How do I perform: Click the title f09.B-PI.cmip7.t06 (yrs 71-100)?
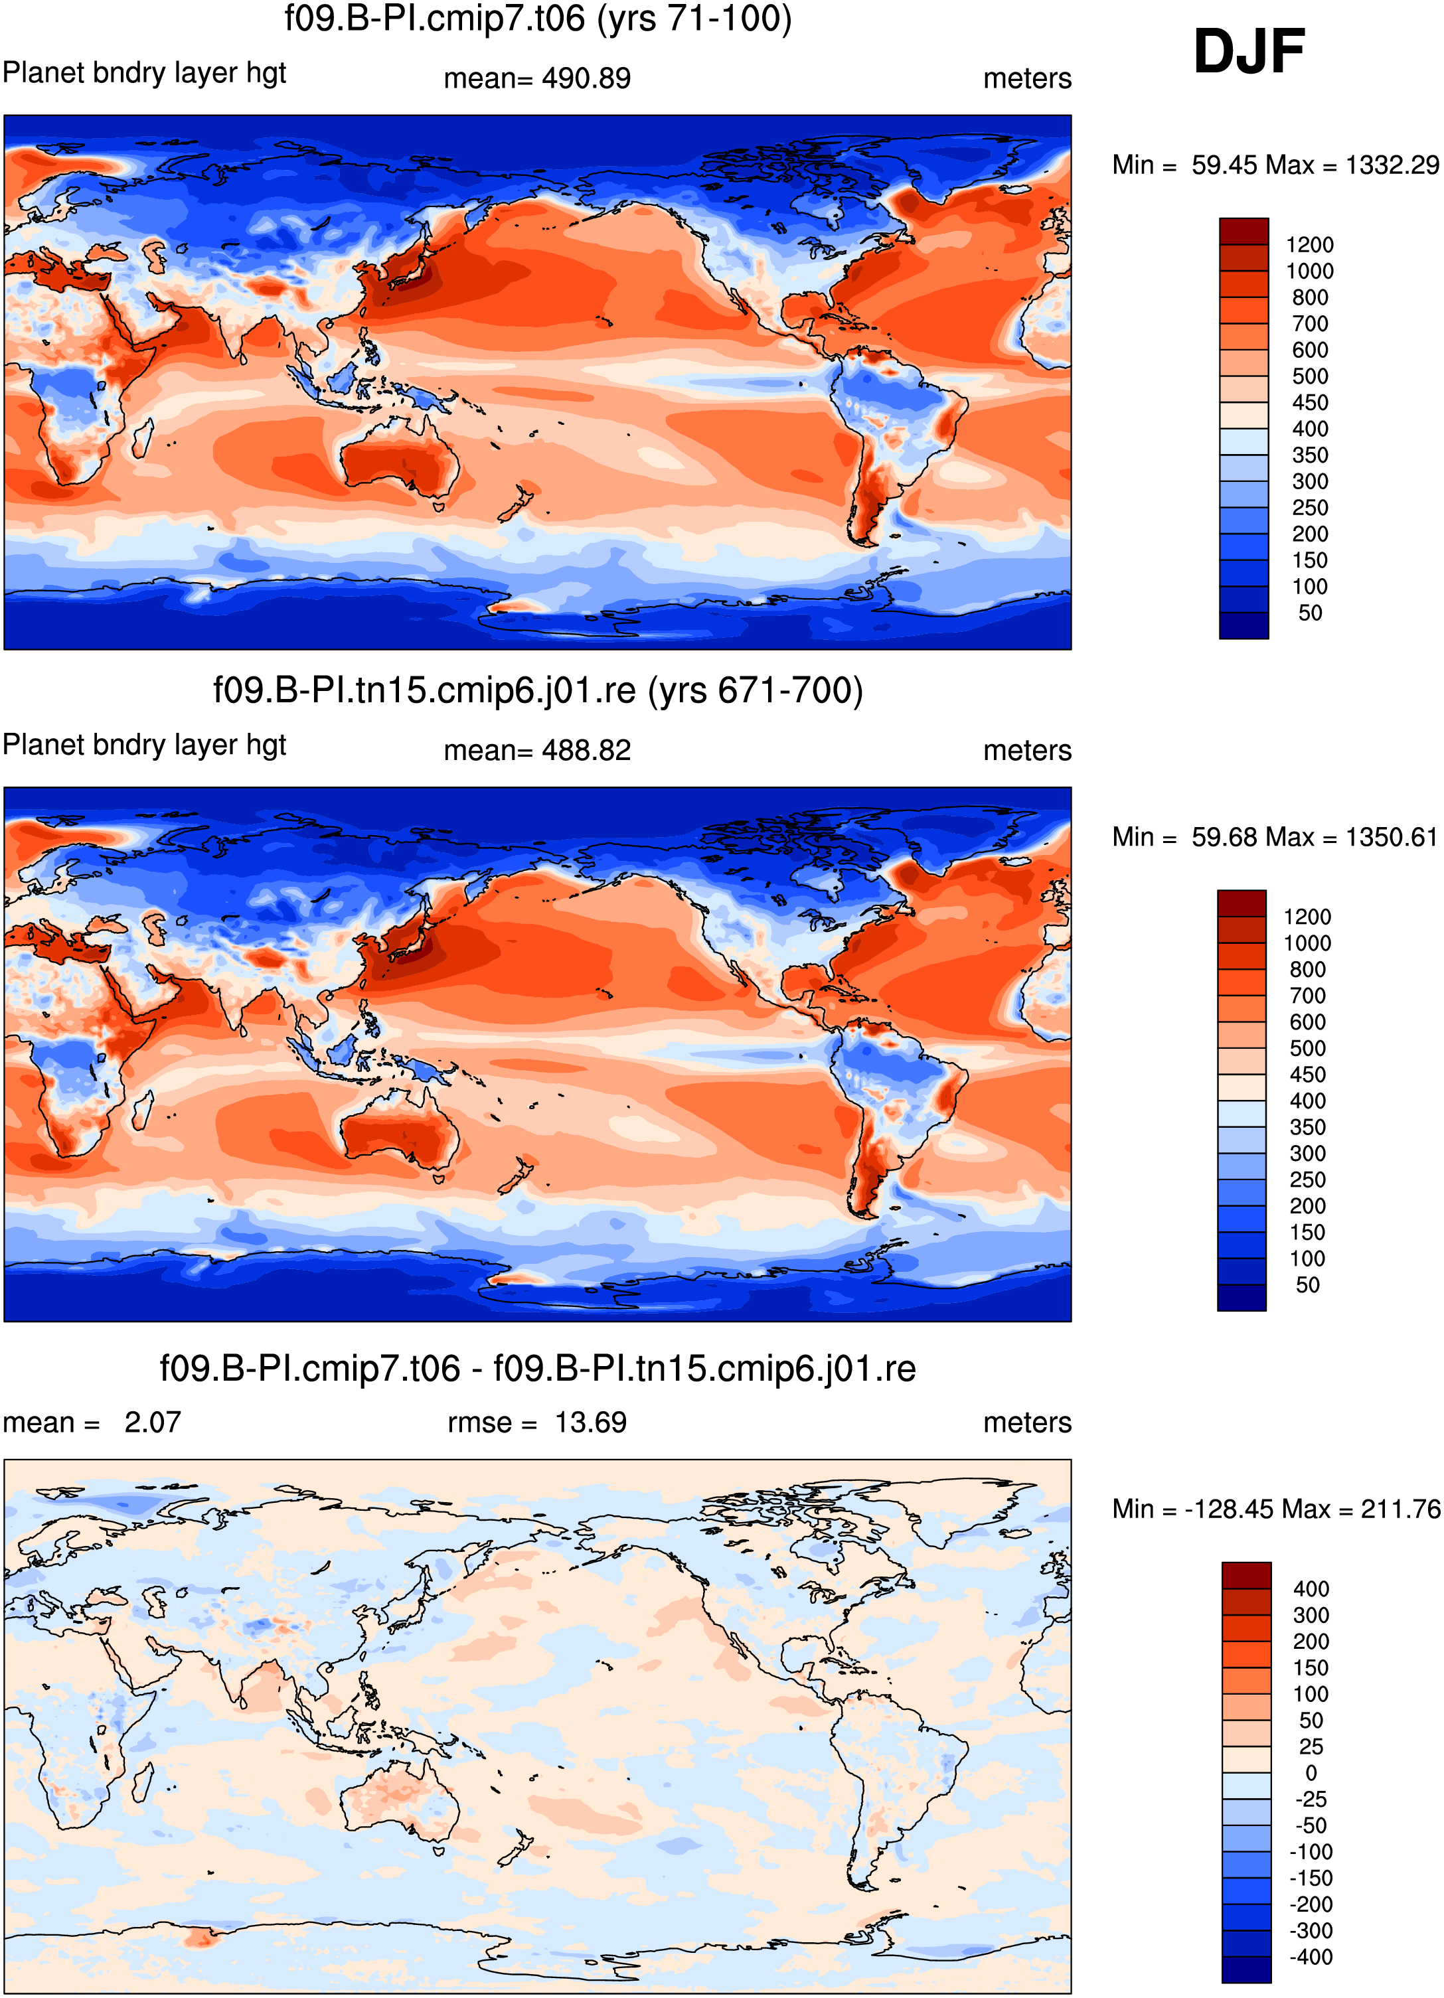coord(537,18)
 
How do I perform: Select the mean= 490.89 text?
coord(537,78)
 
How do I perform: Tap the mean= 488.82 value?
coord(537,751)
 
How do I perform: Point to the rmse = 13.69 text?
coord(537,1422)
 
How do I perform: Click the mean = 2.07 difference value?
coord(92,1422)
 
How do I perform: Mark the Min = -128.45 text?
coord(1184,1509)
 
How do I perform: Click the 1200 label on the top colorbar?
coord(1309,245)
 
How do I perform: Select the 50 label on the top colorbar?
coord(1310,613)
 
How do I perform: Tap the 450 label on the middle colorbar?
coord(1307,1075)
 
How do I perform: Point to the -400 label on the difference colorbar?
coord(1311,1958)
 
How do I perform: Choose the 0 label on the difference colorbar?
coord(1311,1774)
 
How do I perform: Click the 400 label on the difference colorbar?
coord(1311,1589)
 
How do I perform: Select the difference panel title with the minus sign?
coord(537,1369)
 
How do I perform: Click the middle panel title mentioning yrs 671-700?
coord(537,690)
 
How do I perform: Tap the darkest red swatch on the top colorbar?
coord(1244,232)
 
